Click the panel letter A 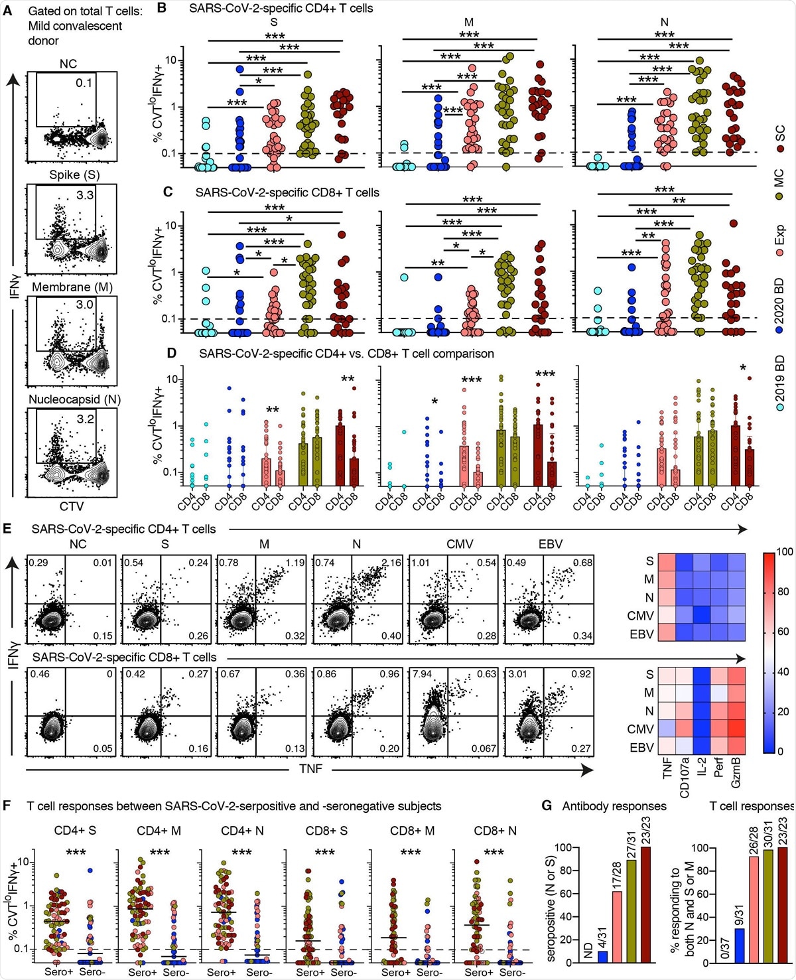point(8,11)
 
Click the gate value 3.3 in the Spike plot point(85,195)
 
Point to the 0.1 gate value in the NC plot point(84,83)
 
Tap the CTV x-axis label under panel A point(72,506)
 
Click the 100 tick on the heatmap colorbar point(785,552)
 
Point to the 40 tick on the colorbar point(783,671)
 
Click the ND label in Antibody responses point(588,951)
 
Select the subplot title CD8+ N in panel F point(495,831)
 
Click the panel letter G point(547,806)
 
